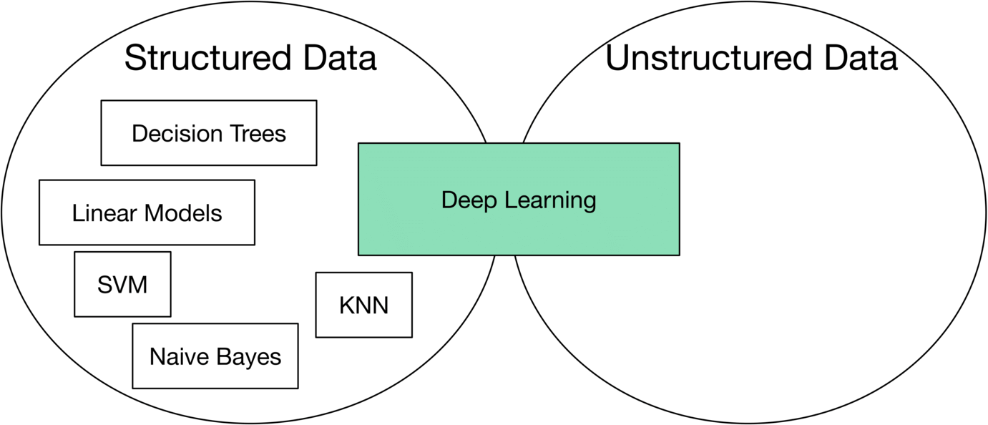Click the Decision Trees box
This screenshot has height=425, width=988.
pyautogui.click(x=209, y=133)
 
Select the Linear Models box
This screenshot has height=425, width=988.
pyautogui.click(x=147, y=212)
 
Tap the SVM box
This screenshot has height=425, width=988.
pyautogui.click(x=122, y=284)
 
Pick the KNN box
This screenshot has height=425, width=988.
pyautogui.click(x=364, y=305)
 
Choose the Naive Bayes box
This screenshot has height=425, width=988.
pyautogui.click(x=215, y=356)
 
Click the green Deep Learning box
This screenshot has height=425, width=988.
pyautogui.click(x=519, y=199)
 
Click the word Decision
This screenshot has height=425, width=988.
pyautogui.click(x=177, y=133)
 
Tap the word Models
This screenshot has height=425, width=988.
pyautogui.click(x=183, y=213)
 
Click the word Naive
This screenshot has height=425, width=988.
pyautogui.click(x=179, y=356)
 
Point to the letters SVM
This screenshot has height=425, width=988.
pyautogui.click(x=122, y=285)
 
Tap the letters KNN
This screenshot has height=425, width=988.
pyautogui.click(x=364, y=306)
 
